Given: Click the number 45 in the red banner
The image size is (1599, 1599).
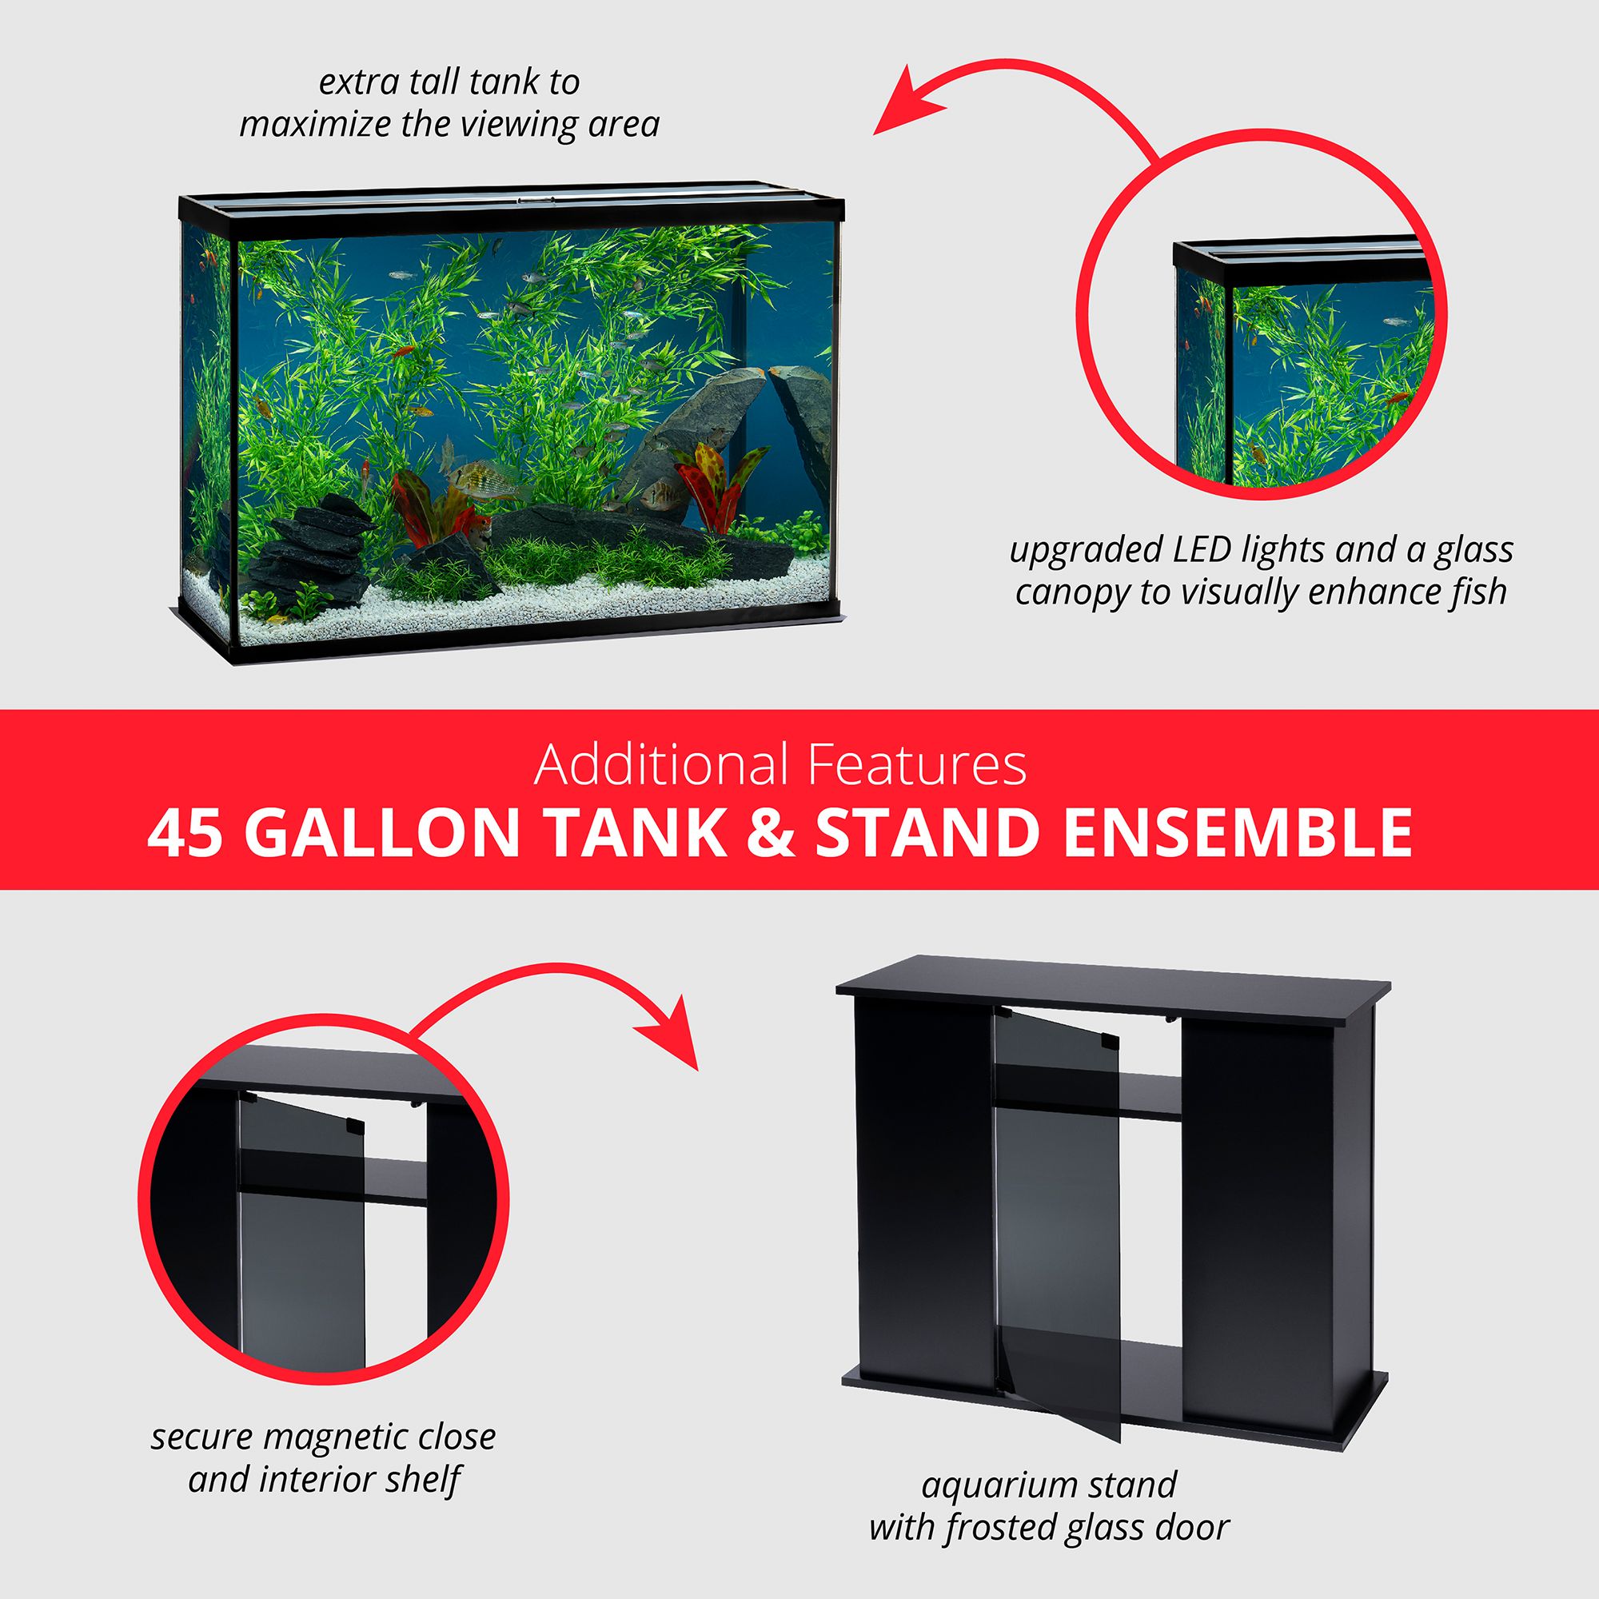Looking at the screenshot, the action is (x=185, y=833).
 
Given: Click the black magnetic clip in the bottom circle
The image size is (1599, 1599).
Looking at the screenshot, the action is (x=354, y=1126).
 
